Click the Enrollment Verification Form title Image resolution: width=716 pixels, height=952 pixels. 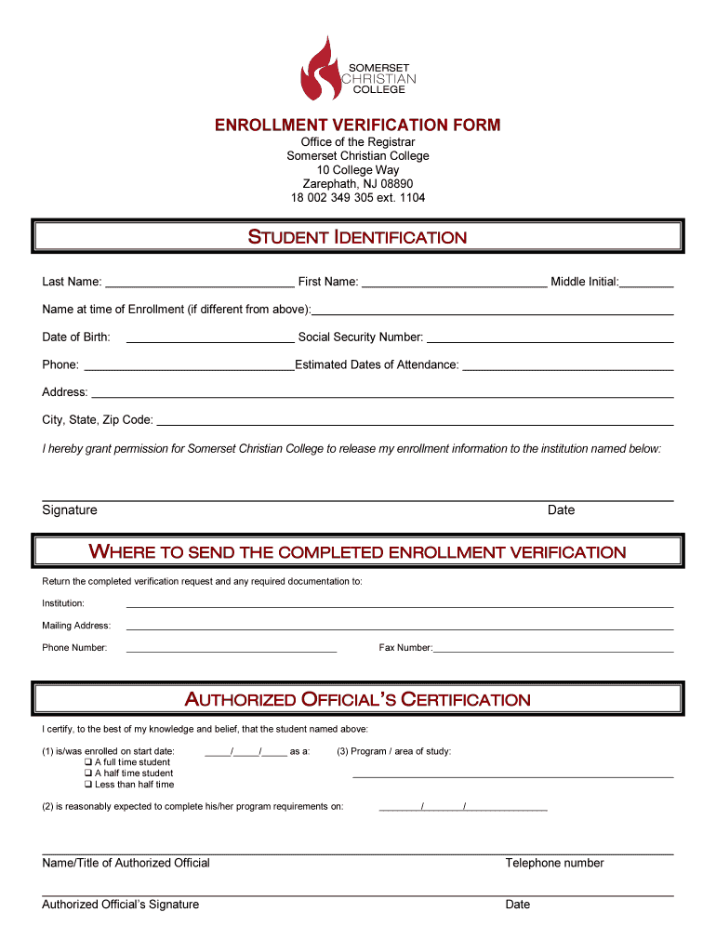[x=358, y=125]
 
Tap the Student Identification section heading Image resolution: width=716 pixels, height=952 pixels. [x=357, y=237]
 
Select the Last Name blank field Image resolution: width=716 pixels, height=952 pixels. [x=200, y=282]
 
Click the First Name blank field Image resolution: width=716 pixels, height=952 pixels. [x=454, y=282]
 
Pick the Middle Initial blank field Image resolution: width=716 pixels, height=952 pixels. [x=647, y=282]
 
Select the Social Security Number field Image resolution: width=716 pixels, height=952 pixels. [x=550, y=337]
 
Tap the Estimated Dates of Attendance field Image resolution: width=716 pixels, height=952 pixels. [x=567, y=364]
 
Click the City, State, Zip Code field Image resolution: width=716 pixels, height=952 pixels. [x=415, y=420]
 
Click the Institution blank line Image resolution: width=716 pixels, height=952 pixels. [x=400, y=604]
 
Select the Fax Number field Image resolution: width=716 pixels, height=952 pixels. [x=553, y=648]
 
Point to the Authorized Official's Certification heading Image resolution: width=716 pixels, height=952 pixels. [x=358, y=699]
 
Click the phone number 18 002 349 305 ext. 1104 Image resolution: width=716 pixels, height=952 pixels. [x=358, y=198]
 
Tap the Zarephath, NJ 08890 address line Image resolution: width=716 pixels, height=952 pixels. [x=358, y=184]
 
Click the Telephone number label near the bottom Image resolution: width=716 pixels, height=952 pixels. [x=554, y=863]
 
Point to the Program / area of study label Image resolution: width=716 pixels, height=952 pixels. [x=394, y=751]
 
